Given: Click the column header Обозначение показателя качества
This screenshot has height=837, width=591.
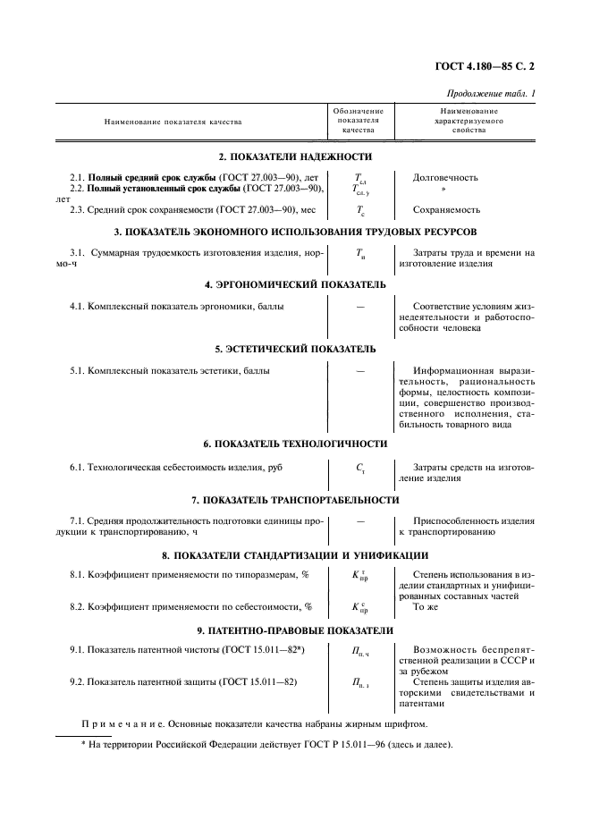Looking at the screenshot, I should (360, 121).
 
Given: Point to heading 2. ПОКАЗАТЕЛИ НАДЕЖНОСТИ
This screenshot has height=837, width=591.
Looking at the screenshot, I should (294, 156).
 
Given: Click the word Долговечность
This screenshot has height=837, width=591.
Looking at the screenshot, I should (445, 177).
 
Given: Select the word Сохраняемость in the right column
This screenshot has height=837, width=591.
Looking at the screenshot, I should (446, 210).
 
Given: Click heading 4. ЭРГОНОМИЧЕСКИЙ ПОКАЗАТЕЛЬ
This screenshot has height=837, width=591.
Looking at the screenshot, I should (295, 284).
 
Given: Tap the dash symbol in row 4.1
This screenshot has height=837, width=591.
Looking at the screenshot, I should (360, 306).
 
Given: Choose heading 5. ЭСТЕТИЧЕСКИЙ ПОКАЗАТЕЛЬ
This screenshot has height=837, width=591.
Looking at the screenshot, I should (295, 349).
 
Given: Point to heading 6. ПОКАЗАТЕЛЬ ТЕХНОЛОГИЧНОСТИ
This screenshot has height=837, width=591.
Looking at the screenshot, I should (295, 444).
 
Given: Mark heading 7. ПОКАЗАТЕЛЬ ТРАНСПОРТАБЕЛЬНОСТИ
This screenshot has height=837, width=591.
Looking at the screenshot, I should (295, 499).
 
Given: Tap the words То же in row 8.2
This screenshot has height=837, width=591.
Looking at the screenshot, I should (426, 606).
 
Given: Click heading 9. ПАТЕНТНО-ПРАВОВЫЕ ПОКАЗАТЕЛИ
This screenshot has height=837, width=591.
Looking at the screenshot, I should (295, 630).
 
